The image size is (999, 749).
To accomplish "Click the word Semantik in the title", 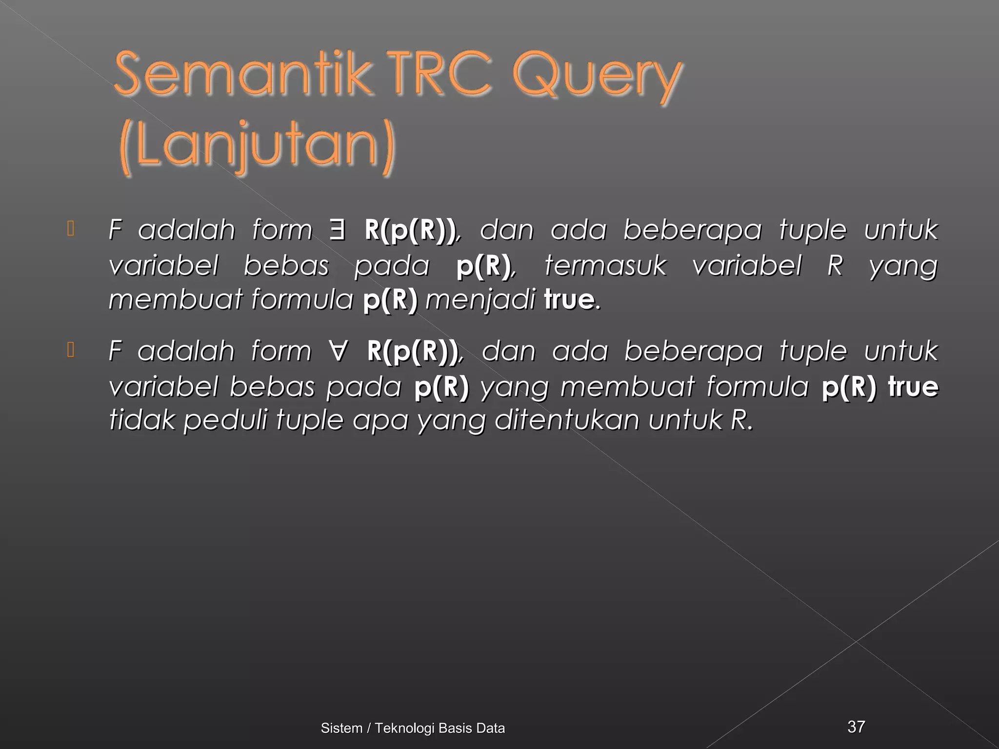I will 242,74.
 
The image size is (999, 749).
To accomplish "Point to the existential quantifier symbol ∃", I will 337,229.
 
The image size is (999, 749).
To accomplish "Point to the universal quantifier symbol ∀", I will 338,351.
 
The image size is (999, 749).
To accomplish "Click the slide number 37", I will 856,727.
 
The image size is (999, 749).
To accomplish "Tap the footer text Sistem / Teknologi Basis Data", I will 413,728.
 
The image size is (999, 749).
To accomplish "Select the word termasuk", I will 605,266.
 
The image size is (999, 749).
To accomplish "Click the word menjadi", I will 480,299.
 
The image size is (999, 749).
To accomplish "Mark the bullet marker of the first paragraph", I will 71,229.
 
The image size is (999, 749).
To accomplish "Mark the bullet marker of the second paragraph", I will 71,350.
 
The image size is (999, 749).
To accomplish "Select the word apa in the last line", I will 380,420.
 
